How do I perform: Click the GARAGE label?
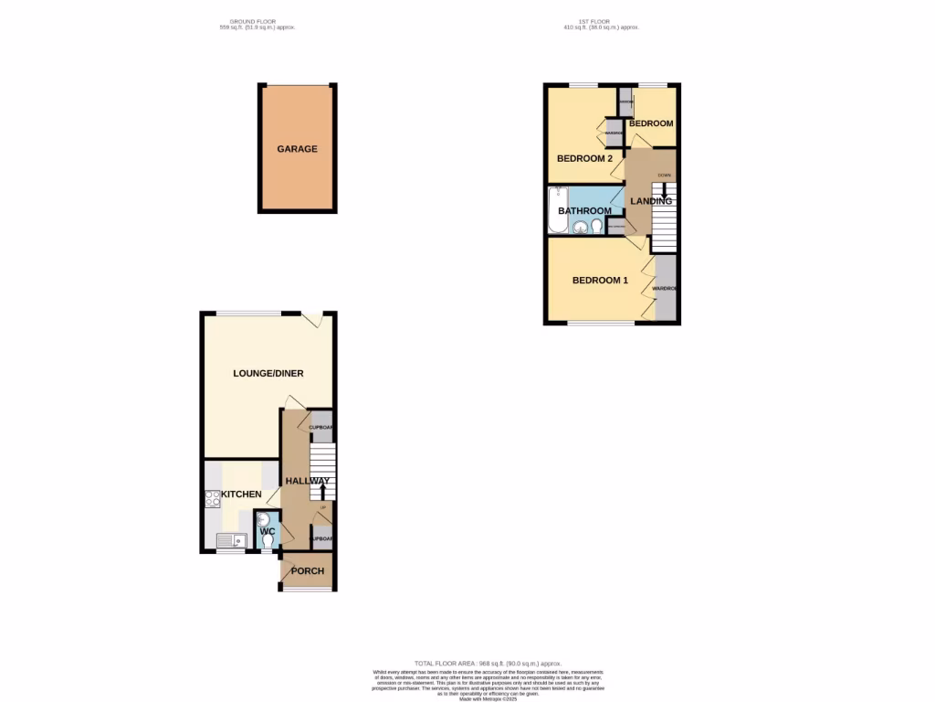[298, 149]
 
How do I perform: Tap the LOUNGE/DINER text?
[268, 373]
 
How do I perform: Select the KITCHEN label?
[240, 495]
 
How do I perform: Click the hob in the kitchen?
[213, 499]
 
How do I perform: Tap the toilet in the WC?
[268, 543]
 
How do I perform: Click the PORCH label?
[308, 571]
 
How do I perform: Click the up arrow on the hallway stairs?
[322, 492]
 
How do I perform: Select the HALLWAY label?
[308, 481]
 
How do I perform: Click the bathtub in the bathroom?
[557, 210]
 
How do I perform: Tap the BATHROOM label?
[584, 211]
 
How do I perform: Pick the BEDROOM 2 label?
[584, 158]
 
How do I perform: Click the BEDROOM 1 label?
[600, 281]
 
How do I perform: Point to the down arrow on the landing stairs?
[664, 192]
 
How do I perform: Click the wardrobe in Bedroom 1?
[667, 288]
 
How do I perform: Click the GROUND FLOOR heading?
[257, 25]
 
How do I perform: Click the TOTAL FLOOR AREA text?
[488, 663]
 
